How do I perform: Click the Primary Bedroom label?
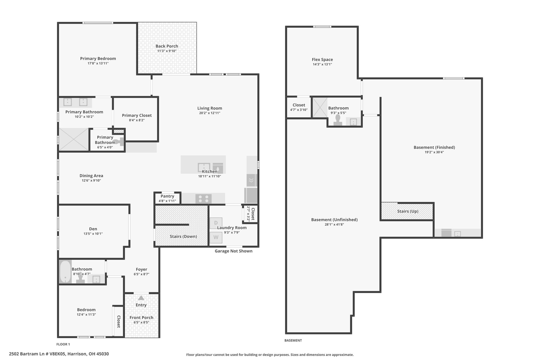point(98,59)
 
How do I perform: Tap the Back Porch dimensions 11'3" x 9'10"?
point(167,51)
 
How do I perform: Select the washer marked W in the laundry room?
point(216,237)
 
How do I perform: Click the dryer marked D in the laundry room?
point(216,223)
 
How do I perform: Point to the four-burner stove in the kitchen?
point(204,199)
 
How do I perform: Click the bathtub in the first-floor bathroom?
point(65,272)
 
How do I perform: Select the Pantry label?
point(167,196)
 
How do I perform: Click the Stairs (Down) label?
point(183,236)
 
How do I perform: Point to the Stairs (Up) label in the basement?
point(408,211)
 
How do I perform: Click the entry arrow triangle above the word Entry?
point(141,298)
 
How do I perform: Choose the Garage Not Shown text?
point(234,251)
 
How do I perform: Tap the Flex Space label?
point(322,60)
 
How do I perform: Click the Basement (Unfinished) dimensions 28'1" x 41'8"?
point(334,225)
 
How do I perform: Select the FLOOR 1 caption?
point(63,344)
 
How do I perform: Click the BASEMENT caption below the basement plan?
point(293,340)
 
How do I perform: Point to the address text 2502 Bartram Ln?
point(31,354)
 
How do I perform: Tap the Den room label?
point(93,229)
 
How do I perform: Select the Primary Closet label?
point(137,116)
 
